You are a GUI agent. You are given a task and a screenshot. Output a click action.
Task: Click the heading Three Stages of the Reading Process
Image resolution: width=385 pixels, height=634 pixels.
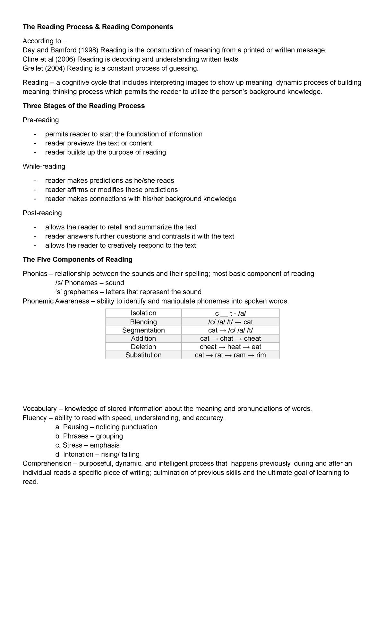click(83, 106)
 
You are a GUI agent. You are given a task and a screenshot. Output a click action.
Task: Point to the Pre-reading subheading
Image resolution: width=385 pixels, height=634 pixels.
click(41, 120)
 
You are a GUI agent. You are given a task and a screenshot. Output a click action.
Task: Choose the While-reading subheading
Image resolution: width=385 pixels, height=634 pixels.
click(44, 166)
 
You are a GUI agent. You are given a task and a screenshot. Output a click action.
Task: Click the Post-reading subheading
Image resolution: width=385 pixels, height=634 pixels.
click(42, 213)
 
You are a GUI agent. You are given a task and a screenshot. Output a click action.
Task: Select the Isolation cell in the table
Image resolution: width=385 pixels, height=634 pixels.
click(143, 313)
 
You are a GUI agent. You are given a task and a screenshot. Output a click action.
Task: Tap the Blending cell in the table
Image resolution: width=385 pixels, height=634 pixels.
click(143, 322)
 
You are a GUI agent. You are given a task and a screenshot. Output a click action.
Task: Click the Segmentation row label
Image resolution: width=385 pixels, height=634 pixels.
click(143, 330)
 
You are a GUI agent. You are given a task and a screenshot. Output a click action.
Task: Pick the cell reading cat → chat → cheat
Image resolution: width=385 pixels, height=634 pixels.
click(230, 338)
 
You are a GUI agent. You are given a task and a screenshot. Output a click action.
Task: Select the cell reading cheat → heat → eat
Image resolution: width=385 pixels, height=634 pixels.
click(230, 347)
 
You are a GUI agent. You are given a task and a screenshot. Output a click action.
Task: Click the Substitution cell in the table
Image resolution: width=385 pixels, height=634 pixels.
click(143, 355)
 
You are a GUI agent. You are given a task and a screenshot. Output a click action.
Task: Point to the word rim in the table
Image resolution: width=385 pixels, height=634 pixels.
click(261, 355)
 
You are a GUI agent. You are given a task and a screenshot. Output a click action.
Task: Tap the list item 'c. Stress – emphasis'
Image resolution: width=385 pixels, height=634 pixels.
click(87, 445)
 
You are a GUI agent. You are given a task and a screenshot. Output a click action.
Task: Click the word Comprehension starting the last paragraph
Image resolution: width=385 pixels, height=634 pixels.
click(47, 464)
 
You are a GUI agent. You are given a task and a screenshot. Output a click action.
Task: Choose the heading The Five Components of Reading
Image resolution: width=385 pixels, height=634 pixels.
click(77, 260)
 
